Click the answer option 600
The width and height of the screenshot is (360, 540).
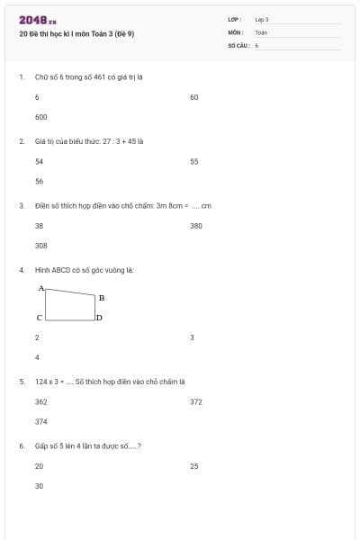click(40, 117)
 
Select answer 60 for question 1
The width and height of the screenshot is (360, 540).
click(193, 96)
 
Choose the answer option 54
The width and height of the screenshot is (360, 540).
click(39, 161)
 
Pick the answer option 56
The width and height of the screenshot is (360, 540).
click(39, 181)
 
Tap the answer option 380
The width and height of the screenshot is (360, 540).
click(196, 226)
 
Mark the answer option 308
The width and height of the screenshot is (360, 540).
click(40, 246)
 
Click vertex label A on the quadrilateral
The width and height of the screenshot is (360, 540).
click(40, 288)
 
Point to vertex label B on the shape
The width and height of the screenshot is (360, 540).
click(101, 297)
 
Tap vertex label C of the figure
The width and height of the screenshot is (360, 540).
click(39, 318)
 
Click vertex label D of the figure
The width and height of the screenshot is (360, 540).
click(99, 318)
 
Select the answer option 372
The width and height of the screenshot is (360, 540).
click(196, 401)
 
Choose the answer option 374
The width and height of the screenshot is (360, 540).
click(40, 421)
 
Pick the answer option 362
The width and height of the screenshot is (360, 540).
click(40, 401)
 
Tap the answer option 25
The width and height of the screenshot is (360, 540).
click(193, 466)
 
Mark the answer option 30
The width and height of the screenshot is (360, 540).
click(39, 486)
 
